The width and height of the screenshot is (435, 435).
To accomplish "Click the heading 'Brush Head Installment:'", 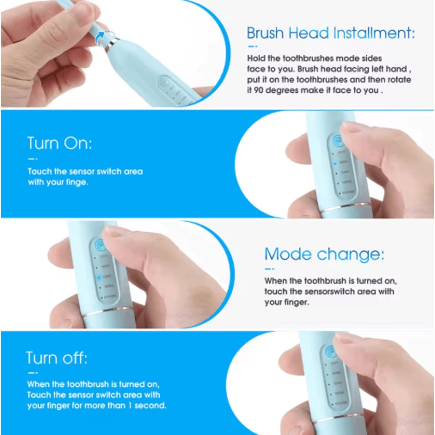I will point(331,33).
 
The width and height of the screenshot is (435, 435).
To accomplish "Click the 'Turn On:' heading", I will point(60,143).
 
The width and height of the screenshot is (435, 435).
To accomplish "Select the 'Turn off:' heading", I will point(57,358).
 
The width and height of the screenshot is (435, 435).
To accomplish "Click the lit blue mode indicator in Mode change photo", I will point(99,276).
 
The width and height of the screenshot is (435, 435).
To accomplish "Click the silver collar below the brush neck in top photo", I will point(112,44).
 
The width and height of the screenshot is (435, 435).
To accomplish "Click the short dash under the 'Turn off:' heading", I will point(32,373).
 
